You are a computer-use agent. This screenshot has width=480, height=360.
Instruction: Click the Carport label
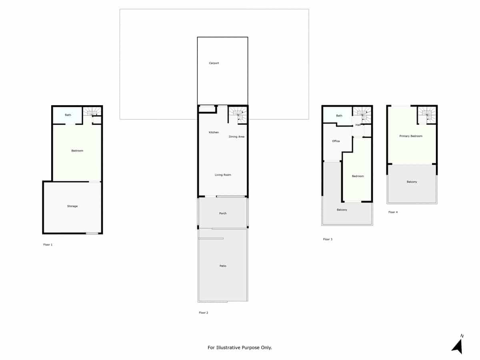[x=214, y=63]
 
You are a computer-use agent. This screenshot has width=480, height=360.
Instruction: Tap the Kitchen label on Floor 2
[x=214, y=132]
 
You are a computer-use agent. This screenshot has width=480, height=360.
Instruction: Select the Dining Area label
[x=236, y=137]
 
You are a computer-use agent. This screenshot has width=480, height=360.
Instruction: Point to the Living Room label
[x=223, y=175]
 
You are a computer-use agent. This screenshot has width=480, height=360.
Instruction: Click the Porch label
[x=223, y=213]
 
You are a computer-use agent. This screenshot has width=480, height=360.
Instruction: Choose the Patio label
[x=223, y=266]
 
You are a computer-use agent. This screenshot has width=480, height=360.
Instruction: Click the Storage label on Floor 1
[x=72, y=206]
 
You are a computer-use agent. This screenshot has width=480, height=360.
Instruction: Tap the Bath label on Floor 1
[x=68, y=115]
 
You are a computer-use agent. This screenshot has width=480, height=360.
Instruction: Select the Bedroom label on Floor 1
[x=77, y=151]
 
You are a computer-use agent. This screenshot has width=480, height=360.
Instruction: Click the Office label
[x=336, y=141]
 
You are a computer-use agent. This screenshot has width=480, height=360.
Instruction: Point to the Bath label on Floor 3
[x=339, y=116]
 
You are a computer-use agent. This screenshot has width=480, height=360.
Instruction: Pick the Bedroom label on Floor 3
[x=358, y=176]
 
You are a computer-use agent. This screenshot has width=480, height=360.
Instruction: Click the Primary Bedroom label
[x=411, y=136]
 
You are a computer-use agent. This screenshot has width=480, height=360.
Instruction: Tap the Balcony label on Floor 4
[x=412, y=182]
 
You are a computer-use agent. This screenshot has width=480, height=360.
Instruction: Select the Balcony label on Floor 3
[x=342, y=210]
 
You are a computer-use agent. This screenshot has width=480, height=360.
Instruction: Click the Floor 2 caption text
[x=204, y=313]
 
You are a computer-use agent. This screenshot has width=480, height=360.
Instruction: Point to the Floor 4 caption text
[x=393, y=212]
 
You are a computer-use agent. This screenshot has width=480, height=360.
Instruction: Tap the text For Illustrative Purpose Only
[x=240, y=348]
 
